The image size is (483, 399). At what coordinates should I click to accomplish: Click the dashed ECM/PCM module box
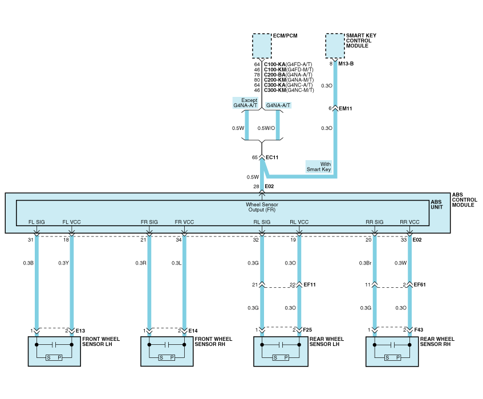[x=262, y=46]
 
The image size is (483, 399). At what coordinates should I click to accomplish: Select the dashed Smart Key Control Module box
[x=335, y=45]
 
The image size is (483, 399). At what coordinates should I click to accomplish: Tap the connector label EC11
[x=272, y=157]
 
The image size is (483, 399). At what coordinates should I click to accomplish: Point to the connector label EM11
[x=345, y=108]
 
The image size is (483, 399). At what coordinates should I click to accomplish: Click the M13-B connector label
[x=346, y=63]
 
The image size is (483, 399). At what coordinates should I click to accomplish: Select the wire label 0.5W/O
[x=266, y=128]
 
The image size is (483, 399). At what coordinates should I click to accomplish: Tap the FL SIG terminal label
[x=36, y=222]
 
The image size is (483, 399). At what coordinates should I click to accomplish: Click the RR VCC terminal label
[x=409, y=222]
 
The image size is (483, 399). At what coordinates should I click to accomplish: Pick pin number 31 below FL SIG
[x=31, y=240]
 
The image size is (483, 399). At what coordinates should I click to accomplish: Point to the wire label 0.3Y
[x=63, y=263]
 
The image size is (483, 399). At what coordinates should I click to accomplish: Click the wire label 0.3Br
[x=366, y=263]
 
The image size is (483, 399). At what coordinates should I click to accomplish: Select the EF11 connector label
[x=310, y=284]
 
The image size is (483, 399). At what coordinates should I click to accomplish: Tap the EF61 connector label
[x=420, y=284]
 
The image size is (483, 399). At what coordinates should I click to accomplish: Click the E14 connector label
[x=193, y=331]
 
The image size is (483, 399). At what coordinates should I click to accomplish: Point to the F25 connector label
[x=308, y=331]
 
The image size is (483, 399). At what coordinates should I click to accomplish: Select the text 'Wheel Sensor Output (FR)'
[x=262, y=207]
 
